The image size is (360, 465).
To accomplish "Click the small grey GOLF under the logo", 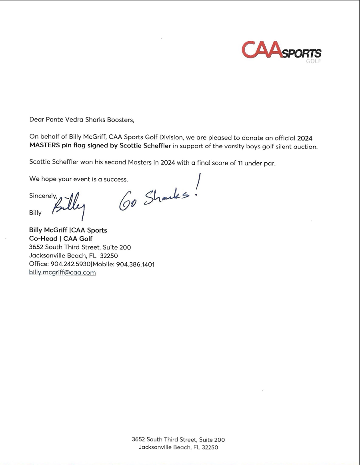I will [x=313, y=62].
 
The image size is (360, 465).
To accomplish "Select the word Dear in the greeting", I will [x=36, y=119].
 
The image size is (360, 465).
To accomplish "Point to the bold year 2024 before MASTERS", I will [x=305, y=138].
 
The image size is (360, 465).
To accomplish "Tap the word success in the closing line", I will [x=115, y=179].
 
